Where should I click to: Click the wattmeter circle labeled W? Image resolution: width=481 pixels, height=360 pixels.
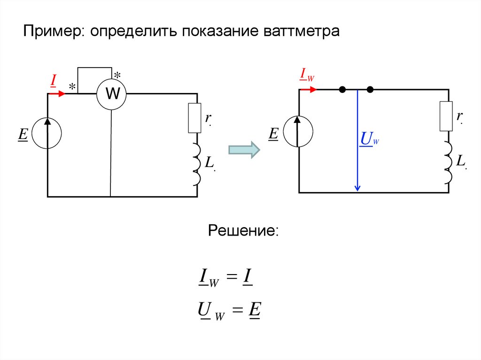[112, 94]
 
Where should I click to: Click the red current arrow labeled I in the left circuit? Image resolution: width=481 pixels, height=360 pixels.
[57, 93]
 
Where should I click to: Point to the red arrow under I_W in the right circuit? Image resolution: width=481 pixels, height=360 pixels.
[309, 89]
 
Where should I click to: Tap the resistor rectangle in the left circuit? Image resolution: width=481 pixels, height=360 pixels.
[194, 118]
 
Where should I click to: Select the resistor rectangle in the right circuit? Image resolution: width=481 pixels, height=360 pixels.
[446, 116]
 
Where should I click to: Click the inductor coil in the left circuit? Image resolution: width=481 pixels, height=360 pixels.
[196, 164]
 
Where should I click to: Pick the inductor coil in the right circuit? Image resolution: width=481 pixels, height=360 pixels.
[447, 162]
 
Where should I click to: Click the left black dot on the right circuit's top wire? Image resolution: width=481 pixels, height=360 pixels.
[343, 89]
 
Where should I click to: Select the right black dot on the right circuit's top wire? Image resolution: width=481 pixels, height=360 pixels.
[370, 89]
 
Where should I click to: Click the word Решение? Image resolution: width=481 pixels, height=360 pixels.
[244, 231]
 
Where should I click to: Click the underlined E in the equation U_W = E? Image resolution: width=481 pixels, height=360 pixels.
[255, 310]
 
